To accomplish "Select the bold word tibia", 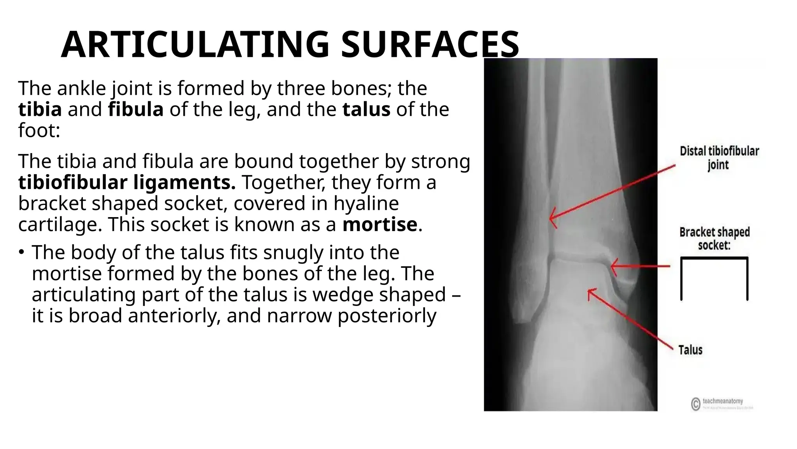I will pos(40,110).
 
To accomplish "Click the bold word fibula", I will pos(135,110).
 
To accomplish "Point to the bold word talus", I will pos(366,110).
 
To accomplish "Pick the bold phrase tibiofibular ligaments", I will pos(127,183).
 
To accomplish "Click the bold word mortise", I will pos(379,225).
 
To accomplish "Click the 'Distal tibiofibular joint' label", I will pos(719,158).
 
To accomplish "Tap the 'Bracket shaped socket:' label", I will pos(714,239).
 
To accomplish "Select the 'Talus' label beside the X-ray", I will pos(690,350).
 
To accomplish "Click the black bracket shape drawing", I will pos(714,278).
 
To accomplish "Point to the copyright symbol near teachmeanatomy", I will pos(696,404).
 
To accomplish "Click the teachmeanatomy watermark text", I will pos(723,401).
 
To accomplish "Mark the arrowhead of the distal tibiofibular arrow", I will pos(551,219).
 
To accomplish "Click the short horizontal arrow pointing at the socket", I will pos(640,267).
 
